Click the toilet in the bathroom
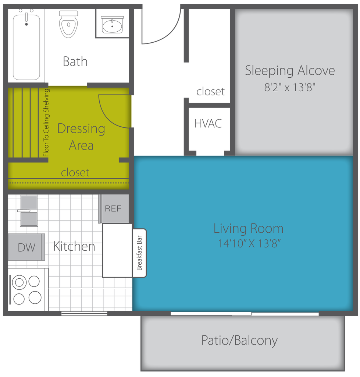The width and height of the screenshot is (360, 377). (x=68, y=24)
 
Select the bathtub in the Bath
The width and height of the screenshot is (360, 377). (x=26, y=45)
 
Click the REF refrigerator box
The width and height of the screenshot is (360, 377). (x=114, y=209)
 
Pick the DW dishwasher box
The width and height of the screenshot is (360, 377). (x=26, y=247)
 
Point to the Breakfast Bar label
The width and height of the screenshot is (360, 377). (x=139, y=253)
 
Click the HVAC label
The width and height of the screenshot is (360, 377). (x=208, y=124)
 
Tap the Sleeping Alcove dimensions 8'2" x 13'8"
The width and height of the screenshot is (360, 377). (x=290, y=87)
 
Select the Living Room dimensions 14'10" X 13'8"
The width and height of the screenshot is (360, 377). (x=249, y=243)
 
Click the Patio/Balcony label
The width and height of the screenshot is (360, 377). (x=239, y=341)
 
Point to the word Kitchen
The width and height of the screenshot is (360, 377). (x=74, y=246)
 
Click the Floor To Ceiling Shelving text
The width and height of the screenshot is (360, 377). (x=46, y=123)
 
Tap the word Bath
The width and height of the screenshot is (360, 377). (x=75, y=61)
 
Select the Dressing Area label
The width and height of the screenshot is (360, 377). (x=81, y=137)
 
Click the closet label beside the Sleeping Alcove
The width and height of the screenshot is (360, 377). (x=210, y=91)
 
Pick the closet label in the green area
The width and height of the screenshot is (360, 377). (x=75, y=172)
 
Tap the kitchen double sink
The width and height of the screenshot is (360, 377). (x=29, y=211)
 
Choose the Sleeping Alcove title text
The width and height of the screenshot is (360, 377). (x=290, y=71)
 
